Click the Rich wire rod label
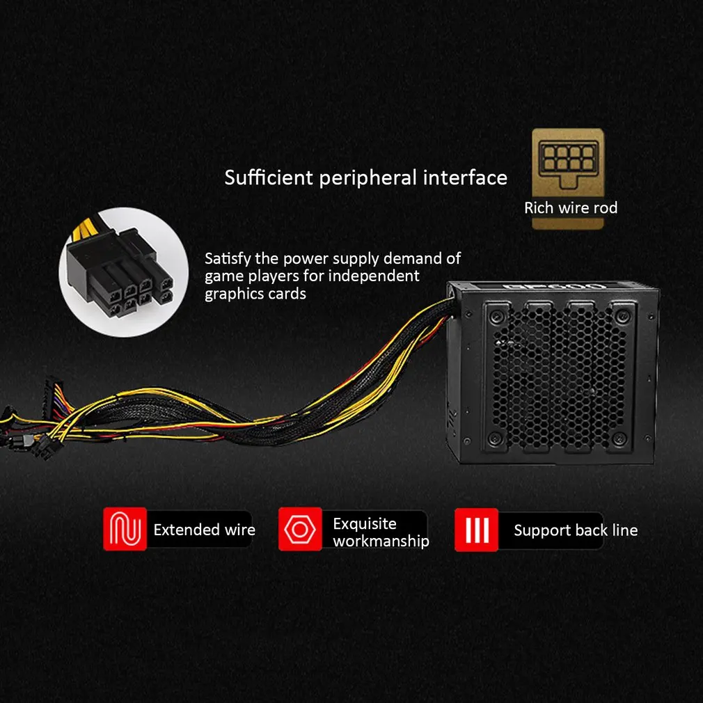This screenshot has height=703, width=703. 571,207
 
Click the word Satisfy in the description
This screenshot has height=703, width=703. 227,259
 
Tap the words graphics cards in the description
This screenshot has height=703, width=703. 255,293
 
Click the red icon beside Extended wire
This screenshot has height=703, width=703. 125,529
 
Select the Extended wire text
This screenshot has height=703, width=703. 204,530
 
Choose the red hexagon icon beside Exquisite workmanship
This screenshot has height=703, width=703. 300,529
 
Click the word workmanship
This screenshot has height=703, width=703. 381,541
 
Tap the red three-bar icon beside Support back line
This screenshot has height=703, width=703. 476,529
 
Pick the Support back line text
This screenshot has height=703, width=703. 576,530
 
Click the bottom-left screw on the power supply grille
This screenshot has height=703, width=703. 495,439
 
